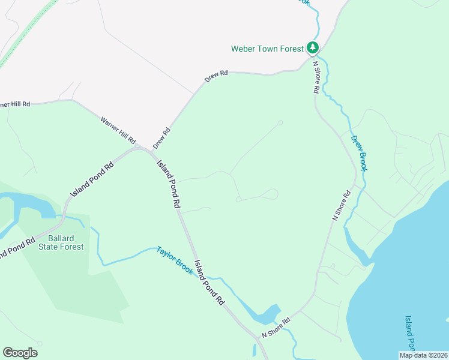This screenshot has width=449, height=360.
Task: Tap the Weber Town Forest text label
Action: [268, 49]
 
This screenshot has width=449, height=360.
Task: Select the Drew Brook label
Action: [359, 153]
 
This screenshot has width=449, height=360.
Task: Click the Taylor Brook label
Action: [175, 260]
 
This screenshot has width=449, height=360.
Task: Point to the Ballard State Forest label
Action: [61, 242]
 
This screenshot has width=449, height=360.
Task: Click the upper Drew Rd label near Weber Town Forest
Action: [217, 76]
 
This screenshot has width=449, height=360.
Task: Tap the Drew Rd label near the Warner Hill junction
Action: [162, 138]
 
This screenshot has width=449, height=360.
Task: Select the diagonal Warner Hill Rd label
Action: [118, 130]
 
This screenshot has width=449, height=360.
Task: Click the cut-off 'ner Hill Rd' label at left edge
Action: [14, 104]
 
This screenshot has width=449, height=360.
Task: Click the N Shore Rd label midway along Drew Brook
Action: [342, 206]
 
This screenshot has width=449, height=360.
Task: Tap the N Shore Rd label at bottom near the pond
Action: [276, 328]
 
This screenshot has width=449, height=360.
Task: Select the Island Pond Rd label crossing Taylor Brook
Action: [209, 284]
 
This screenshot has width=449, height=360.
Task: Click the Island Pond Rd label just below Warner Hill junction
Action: [169, 184]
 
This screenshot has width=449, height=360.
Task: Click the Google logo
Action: [20, 353]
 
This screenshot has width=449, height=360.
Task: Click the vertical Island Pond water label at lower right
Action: [409, 332]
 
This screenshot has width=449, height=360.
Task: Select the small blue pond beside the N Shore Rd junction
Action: [267, 315]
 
